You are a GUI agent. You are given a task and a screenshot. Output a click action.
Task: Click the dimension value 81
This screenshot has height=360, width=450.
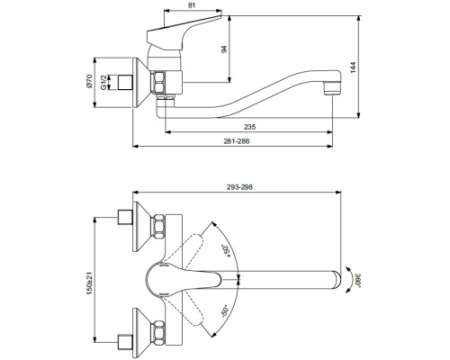[193, 5]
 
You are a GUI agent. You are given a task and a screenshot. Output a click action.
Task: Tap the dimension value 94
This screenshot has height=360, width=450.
[224, 49]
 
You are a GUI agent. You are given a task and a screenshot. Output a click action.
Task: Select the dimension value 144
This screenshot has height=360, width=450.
[353, 67]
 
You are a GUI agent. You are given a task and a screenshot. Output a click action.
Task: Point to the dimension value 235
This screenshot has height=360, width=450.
[249, 127]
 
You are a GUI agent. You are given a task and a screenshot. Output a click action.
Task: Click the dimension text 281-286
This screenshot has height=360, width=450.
[237, 141]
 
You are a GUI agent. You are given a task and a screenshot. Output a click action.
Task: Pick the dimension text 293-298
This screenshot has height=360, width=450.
[239, 187]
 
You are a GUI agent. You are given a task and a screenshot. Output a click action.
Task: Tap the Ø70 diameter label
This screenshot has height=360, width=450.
[88, 82]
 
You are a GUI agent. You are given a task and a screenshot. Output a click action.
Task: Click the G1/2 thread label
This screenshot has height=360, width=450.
[103, 82]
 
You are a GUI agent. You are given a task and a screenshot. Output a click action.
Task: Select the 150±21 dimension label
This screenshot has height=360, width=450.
[90, 283]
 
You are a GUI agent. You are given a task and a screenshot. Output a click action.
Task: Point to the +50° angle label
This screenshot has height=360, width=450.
[226, 251]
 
